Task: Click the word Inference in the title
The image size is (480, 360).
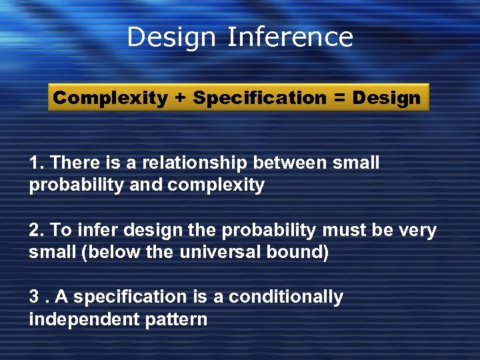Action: click(289, 37)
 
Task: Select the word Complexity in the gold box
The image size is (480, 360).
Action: click(110, 98)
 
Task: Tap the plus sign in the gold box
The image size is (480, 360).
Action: click(180, 98)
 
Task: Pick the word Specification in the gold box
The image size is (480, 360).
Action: click(259, 99)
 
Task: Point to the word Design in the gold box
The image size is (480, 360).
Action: click(387, 99)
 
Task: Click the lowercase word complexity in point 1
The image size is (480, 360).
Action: click(216, 185)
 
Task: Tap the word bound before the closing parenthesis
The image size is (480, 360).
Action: click(299, 253)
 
